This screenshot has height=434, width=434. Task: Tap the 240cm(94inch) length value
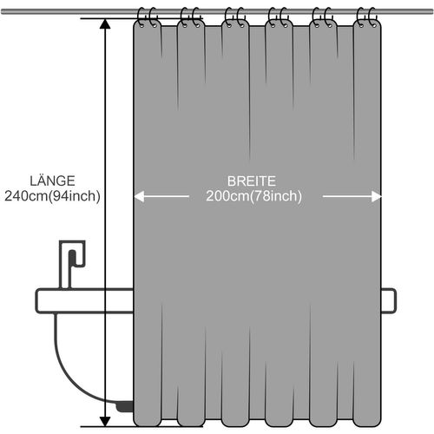51,196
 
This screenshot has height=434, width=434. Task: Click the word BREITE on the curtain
252,181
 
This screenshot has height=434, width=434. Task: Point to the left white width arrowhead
139,197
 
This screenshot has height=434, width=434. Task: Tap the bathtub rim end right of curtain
389,300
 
